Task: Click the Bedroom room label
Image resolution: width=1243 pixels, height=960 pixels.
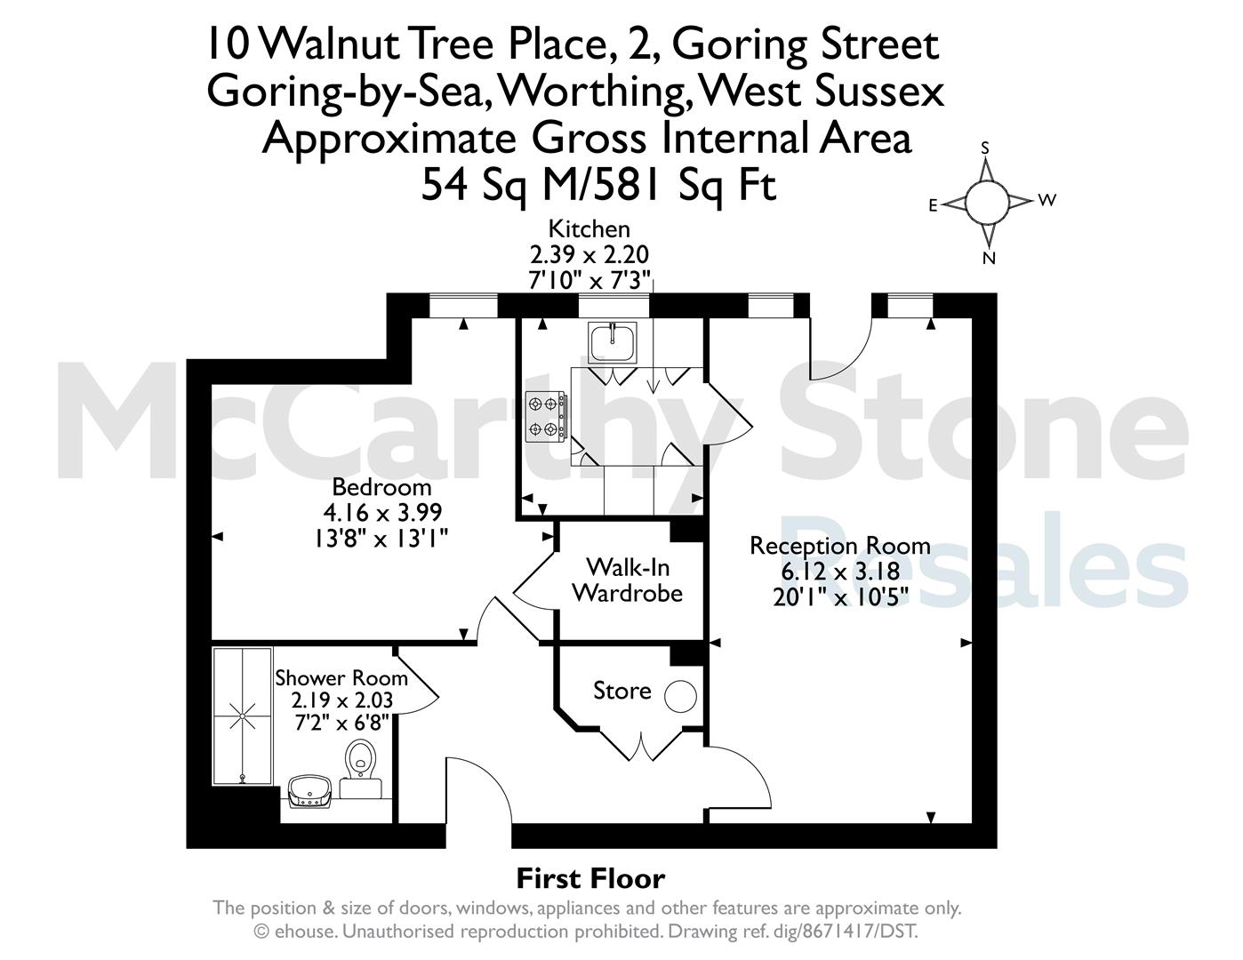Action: click(381, 487)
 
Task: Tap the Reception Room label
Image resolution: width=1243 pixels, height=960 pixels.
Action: click(839, 546)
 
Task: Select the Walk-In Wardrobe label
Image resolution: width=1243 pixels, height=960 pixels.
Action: click(628, 580)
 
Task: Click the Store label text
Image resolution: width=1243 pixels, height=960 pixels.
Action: click(621, 691)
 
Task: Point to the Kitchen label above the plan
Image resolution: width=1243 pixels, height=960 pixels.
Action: click(589, 228)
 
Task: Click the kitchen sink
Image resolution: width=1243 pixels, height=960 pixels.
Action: click(613, 342)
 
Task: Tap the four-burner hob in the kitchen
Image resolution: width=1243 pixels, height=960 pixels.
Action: click(546, 417)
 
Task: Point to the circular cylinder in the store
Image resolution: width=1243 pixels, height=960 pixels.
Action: click(680, 696)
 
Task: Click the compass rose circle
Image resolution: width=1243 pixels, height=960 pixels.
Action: click(987, 203)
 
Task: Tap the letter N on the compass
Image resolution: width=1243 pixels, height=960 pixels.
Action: click(989, 258)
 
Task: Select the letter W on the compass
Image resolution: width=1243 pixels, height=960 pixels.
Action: click(1047, 199)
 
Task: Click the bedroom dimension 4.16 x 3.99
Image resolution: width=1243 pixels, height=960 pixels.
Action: click(382, 512)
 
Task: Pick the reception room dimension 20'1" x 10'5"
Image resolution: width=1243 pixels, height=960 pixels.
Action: click(840, 597)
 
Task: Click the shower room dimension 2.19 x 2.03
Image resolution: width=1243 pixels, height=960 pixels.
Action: click(341, 700)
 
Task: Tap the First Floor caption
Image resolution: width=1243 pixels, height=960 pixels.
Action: click(591, 879)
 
